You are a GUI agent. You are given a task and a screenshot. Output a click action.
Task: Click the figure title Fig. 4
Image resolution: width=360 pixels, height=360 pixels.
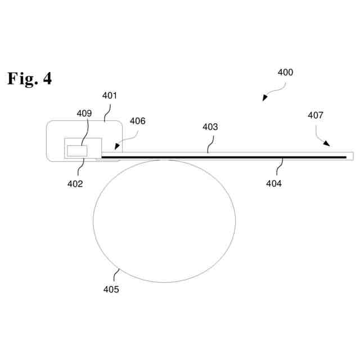point(29,78)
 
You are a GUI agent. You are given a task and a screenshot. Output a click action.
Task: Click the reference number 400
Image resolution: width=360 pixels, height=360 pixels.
point(285,73)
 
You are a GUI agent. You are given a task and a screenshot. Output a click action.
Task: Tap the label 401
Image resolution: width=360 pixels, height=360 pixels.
point(109,96)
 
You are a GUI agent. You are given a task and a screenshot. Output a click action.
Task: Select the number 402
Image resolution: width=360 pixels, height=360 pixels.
point(75,183)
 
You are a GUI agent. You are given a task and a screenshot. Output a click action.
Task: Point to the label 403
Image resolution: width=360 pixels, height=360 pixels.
point(210,127)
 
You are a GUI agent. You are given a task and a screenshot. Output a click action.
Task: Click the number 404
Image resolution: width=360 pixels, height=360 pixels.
point(274,183)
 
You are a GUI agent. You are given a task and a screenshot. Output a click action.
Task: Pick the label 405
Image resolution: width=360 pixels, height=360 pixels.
point(111,289)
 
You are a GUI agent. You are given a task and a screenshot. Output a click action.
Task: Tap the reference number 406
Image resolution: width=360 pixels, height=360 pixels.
point(137,121)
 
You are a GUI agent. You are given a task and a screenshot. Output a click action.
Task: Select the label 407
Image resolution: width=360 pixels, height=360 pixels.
point(316,115)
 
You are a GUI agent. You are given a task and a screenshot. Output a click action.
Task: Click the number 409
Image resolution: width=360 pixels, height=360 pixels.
point(84,113)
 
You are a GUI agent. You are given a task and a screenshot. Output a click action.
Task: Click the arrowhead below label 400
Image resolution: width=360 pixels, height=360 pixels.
point(264,99)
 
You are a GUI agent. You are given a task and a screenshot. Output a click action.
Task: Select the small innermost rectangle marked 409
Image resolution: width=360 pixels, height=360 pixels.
point(76,150)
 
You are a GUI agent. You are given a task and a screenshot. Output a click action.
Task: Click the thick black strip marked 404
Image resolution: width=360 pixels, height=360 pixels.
point(225,157)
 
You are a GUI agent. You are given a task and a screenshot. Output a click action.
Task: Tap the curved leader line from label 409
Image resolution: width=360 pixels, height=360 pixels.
point(85,132)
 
